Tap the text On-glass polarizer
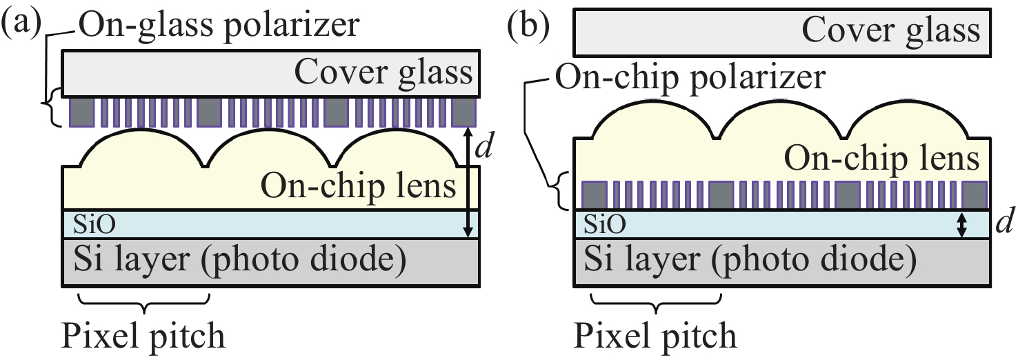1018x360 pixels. point(219,25)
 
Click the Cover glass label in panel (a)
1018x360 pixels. point(383,72)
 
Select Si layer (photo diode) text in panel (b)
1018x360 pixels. point(749,261)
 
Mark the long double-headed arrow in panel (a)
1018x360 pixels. point(469,183)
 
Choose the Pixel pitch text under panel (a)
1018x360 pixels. point(143,337)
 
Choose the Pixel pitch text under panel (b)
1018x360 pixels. point(655,337)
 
